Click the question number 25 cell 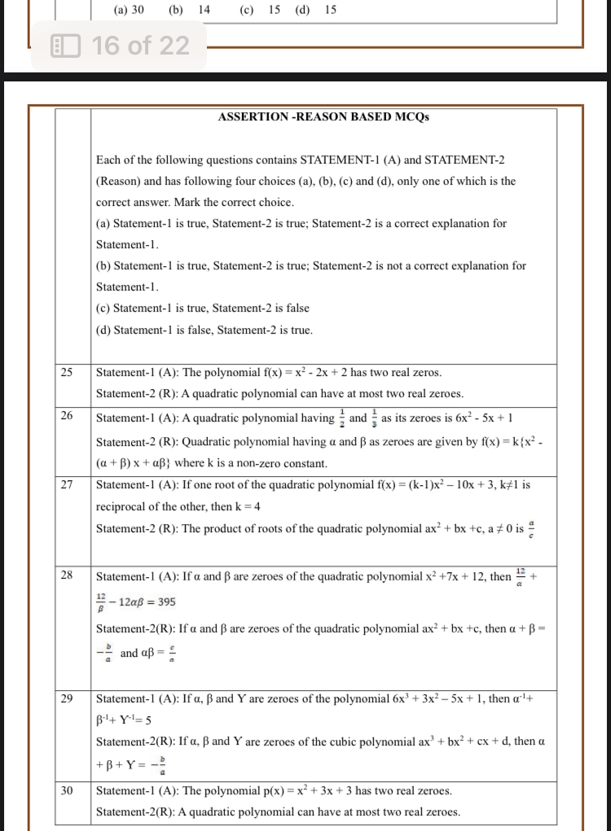67,373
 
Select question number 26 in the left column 67,416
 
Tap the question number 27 67,484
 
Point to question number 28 67,575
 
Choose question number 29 67,698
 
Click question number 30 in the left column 67,790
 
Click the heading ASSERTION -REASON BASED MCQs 323,117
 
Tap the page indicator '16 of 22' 140,46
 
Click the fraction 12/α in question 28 522,576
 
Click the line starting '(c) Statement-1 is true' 203,308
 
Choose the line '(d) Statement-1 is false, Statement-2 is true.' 204,330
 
